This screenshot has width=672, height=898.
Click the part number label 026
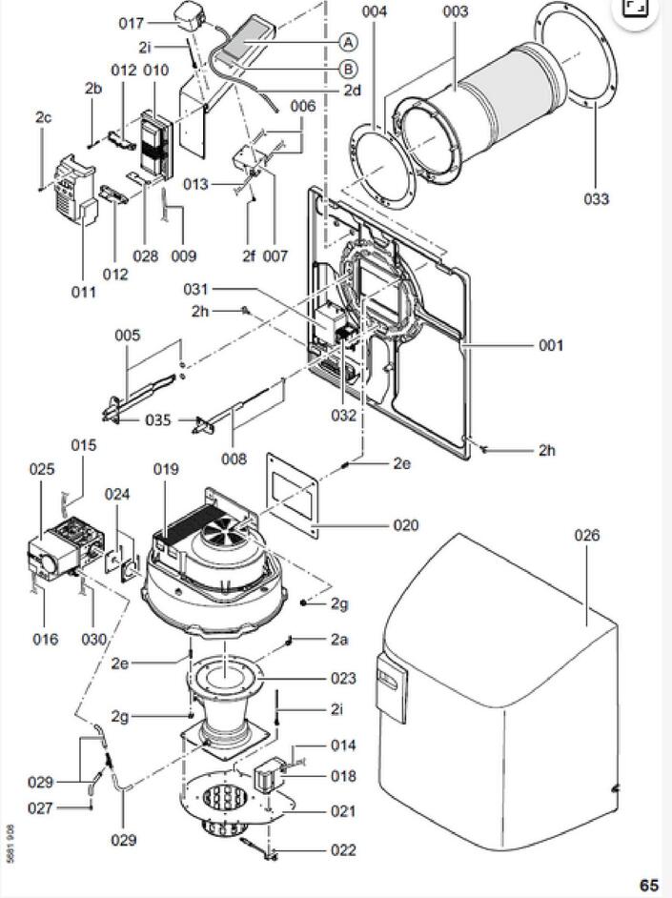(587, 536)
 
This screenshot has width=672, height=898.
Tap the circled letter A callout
(349, 42)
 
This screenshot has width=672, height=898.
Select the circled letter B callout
(349, 69)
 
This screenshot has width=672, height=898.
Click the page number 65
(648, 886)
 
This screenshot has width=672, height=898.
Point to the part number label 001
(551, 345)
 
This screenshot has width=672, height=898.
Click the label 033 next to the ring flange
(597, 199)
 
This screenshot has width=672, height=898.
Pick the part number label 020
(405, 525)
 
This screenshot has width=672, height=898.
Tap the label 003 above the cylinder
(456, 11)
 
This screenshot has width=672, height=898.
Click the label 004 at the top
(376, 11)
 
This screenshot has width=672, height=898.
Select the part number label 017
(132, 23)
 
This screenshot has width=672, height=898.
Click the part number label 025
(41, 469)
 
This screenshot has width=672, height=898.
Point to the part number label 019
(166, 469)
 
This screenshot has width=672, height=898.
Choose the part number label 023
(343, 679)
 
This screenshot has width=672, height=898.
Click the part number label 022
(343, 850)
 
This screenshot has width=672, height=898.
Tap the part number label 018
(343, 776)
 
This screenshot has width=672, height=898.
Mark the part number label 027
(40, 808)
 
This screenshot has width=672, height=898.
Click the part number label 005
(127, 336)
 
